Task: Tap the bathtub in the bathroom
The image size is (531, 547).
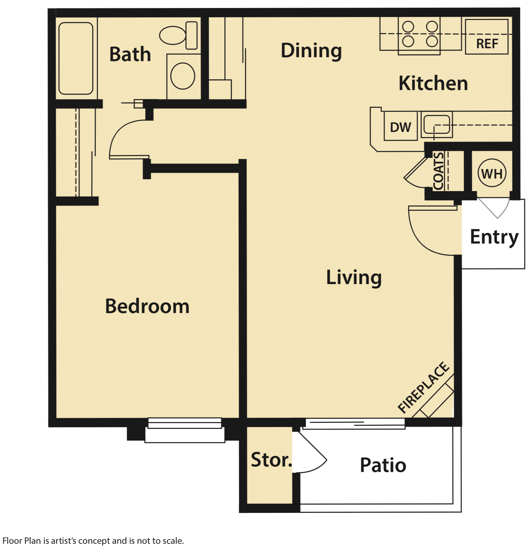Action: (76, 58)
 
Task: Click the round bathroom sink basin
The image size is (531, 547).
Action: (182, 76)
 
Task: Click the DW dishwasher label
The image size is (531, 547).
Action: (400, 127)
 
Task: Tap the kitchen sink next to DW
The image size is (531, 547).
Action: (436, 124)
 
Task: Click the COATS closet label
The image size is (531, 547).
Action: (438, 171)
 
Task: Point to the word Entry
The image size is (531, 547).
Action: (494, 237)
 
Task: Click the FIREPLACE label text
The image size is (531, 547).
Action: (423, 387)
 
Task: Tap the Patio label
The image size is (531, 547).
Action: (383, 465)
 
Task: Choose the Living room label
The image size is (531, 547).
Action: (354, 277)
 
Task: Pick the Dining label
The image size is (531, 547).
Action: (311, 51)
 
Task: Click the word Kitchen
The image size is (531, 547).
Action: (433, 83)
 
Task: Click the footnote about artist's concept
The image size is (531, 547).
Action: (93, 541)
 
